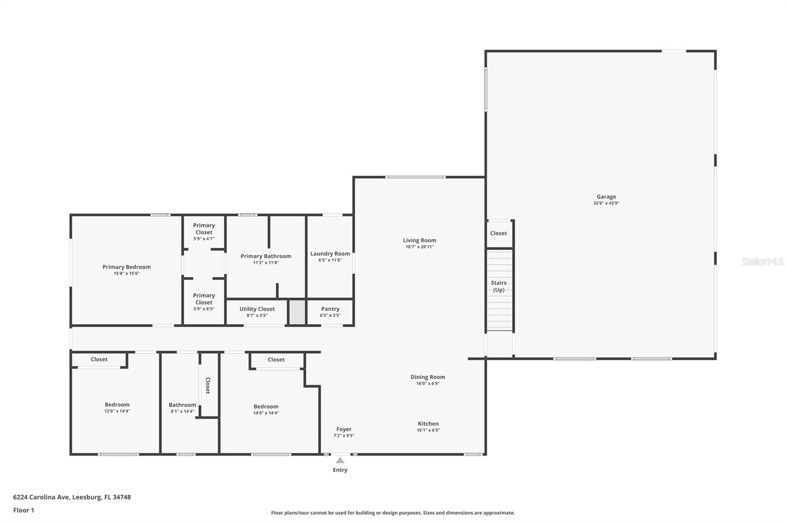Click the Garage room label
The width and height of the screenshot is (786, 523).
point(606,197)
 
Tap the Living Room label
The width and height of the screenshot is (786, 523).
point(420,240)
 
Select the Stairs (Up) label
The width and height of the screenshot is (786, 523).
point(499,286)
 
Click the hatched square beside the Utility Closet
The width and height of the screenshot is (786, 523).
point(297,312)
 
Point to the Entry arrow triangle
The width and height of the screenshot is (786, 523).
point(340,460)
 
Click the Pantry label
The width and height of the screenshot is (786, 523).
point(330,309)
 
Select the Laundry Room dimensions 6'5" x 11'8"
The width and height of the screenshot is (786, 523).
point(330,260)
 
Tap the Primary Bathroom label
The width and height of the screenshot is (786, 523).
point(266,256)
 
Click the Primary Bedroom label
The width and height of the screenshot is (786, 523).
point(127,267)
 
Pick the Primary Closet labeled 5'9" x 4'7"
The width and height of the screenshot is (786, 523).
point(204,232)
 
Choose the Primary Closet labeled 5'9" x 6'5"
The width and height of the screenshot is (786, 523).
point(204,302)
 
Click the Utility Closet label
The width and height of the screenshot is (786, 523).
point(257,309)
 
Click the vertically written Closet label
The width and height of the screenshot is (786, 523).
point(208,386)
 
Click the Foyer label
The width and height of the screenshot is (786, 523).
point(344,429)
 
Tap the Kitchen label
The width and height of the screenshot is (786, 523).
point(428,424)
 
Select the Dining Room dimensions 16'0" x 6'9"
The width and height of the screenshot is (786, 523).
point(428,384)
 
